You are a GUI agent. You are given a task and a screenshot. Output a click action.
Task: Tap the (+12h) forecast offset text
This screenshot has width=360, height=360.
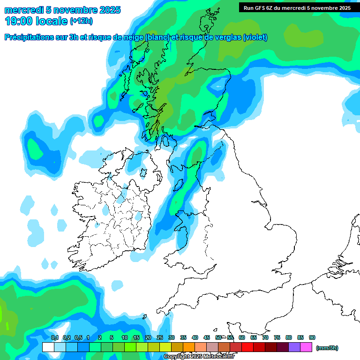81,21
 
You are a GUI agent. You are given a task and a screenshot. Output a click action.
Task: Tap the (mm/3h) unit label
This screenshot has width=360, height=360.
327,348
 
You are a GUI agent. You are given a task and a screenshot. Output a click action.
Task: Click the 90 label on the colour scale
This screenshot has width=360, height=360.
312,337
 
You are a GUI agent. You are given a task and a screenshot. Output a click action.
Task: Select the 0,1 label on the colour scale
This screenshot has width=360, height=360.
54,337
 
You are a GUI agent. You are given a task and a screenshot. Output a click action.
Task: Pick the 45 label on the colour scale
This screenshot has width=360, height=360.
207,337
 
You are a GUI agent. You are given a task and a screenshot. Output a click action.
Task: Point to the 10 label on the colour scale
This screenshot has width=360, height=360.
125,337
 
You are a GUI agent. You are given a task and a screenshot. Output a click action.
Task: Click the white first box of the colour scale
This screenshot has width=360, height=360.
48,347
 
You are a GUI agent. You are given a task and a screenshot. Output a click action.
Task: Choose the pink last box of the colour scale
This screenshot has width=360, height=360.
306,347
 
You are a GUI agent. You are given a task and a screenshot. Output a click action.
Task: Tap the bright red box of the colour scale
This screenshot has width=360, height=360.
247,347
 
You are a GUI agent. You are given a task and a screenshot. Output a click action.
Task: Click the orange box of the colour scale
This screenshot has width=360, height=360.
189,347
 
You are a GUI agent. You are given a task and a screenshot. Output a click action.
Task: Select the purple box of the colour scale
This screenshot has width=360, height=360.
294,347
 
